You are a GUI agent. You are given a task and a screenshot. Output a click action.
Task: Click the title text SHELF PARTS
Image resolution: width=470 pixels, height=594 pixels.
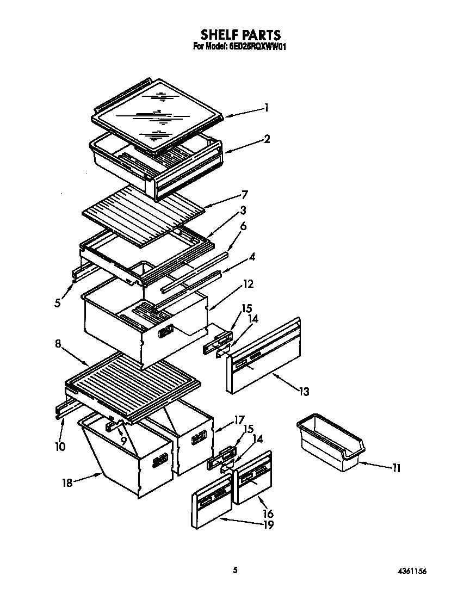(x=240, y=36)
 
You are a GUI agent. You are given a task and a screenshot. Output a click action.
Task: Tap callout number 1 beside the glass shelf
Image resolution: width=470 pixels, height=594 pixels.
(x=267, y=108)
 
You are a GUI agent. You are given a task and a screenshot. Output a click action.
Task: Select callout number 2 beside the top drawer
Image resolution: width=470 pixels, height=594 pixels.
(x=267, y=139)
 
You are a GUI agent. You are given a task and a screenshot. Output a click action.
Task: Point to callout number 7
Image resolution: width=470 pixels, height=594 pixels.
(x=245, y=194)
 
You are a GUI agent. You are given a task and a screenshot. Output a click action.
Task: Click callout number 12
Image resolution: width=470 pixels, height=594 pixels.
(x=248, y=284)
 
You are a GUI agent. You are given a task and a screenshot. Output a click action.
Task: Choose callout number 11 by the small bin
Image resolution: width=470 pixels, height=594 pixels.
(x=396, y=468)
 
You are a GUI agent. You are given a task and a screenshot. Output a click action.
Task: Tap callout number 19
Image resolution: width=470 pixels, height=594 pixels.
(x=268, y=525)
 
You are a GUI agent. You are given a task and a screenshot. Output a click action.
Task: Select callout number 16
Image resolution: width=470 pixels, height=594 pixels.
(x=268, y=513)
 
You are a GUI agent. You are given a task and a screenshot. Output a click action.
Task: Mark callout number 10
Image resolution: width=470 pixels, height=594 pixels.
(x=60, y=447)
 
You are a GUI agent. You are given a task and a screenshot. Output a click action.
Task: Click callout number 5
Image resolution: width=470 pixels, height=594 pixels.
(x=58, y=303)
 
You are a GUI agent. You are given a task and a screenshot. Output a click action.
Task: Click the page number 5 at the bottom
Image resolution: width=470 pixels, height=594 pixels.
(x=235, y=570)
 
